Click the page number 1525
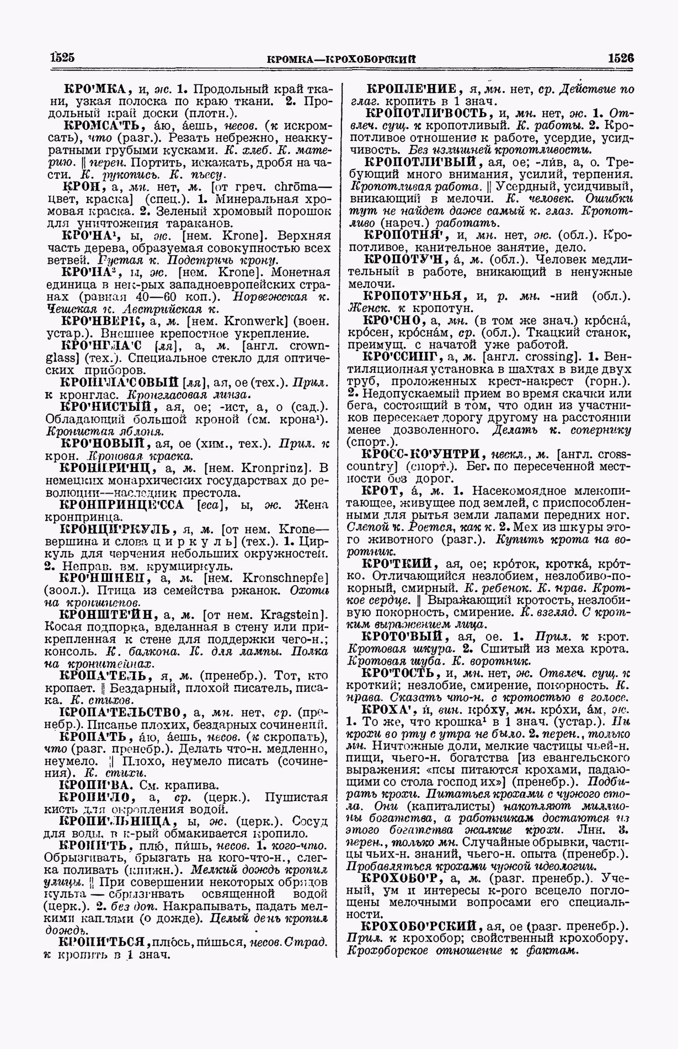60,57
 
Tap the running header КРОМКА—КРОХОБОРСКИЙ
340,59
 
